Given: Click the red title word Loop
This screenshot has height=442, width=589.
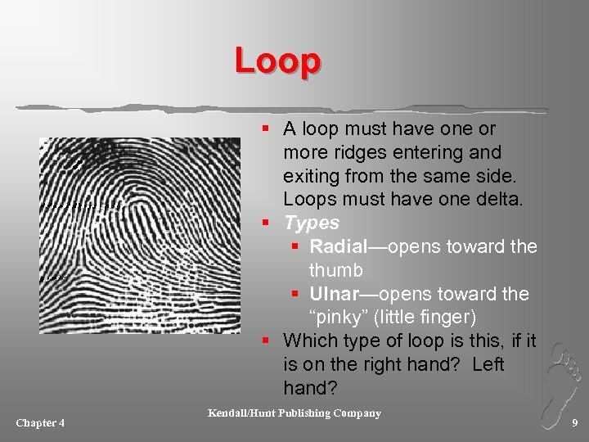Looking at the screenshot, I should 277,61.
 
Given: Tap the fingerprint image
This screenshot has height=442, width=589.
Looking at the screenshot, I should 139,235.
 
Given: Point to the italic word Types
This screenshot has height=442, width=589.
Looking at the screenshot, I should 312,223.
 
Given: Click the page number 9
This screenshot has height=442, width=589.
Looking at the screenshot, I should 574,422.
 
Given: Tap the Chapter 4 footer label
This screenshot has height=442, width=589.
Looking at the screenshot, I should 40,422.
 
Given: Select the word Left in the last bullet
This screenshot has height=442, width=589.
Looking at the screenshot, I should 488,363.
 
